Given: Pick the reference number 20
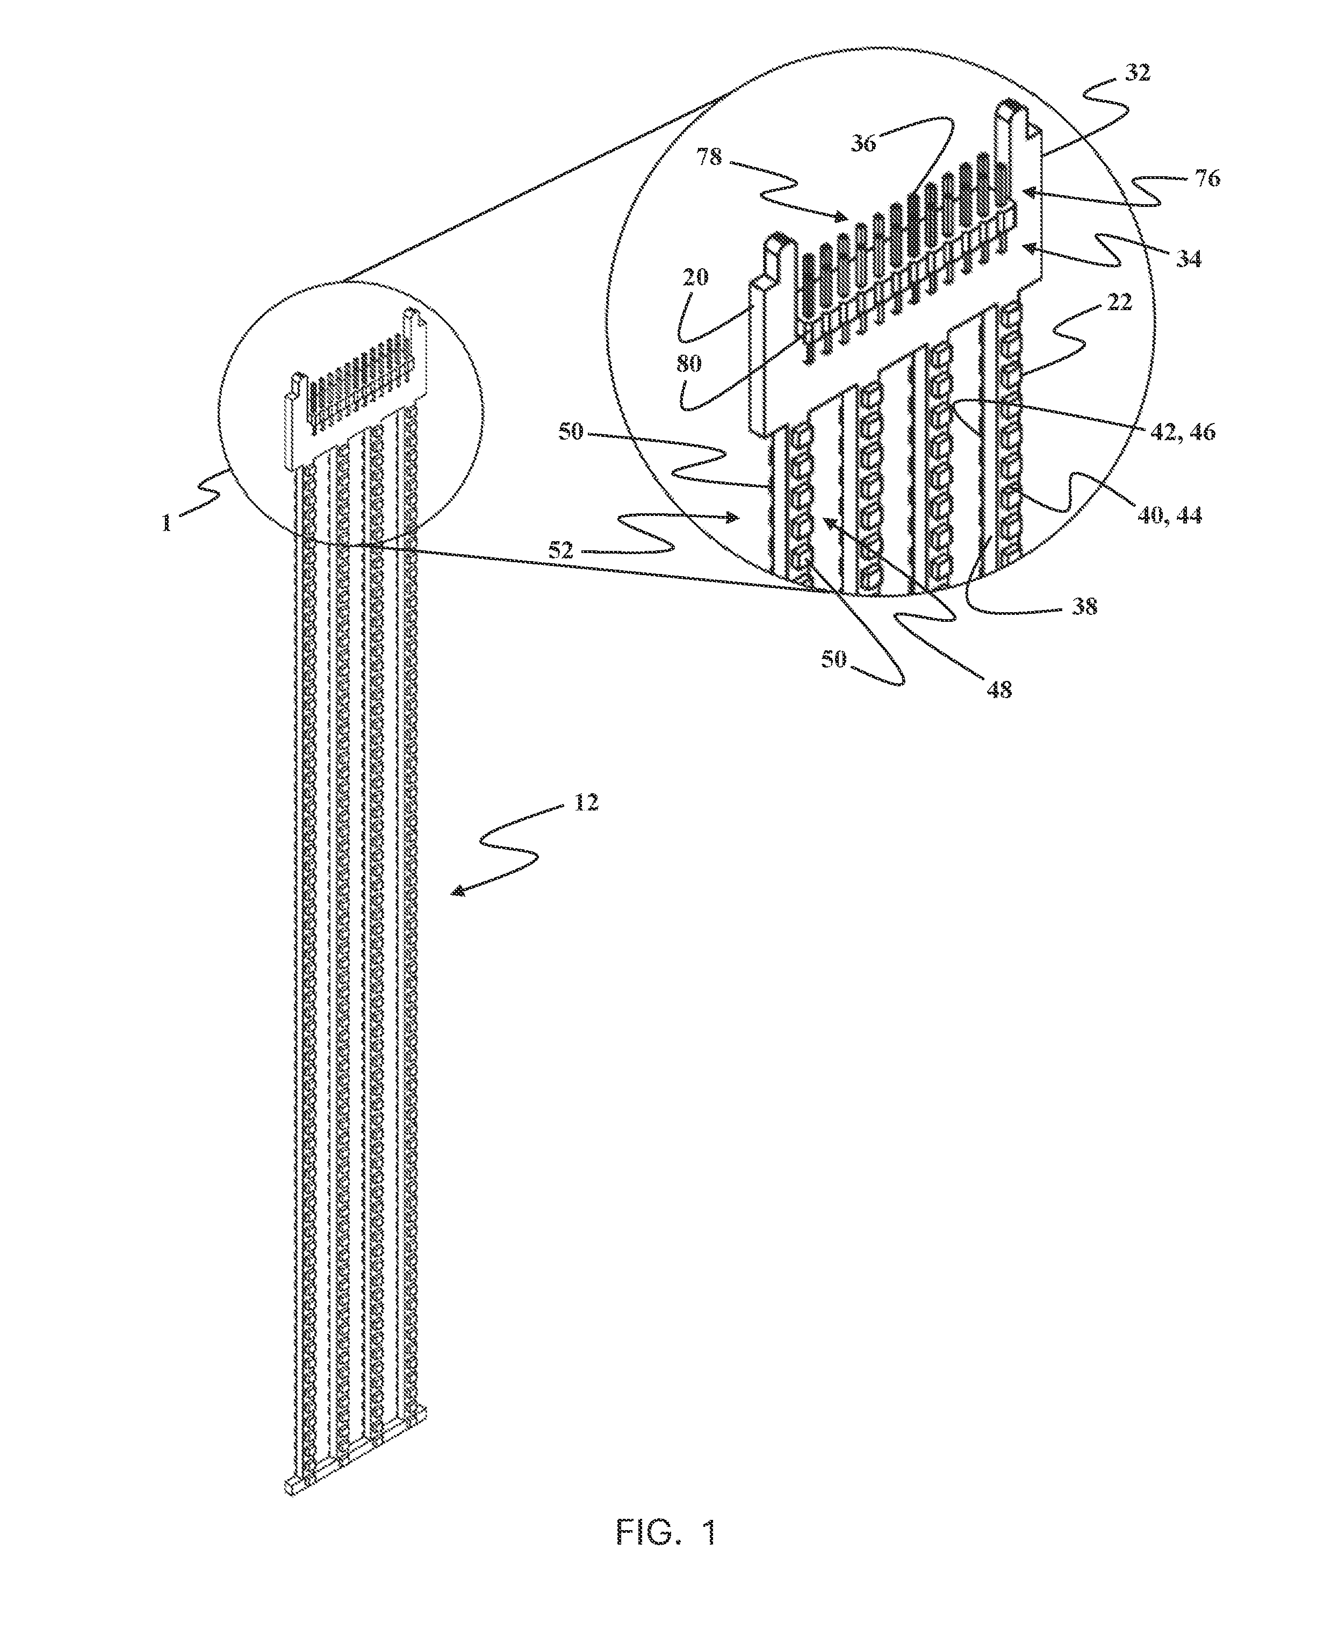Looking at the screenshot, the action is (x=695, y=277).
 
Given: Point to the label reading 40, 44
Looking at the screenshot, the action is (x=1169, y=515).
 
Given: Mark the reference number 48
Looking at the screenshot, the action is (x=999, y=690).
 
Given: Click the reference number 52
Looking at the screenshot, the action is (x=560, y=550).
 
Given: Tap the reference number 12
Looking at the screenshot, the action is (x=586, y=802).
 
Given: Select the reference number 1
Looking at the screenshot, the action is (x=166, y=523).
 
